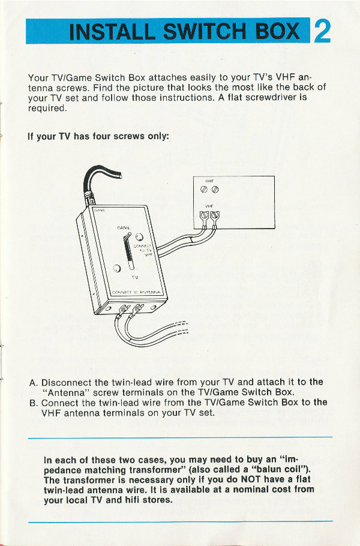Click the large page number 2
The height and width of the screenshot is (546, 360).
coord(322,30)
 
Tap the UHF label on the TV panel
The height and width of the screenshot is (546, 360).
coord(209,181)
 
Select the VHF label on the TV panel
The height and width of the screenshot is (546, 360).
coord(209,205)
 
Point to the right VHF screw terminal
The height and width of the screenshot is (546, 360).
coord(215,216)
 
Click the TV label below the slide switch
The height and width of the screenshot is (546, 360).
coord(135,278)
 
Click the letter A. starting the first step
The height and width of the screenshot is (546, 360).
coord(34,382)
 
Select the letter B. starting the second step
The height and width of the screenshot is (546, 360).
coord(34,403)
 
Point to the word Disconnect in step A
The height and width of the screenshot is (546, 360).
coord(66,382)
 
